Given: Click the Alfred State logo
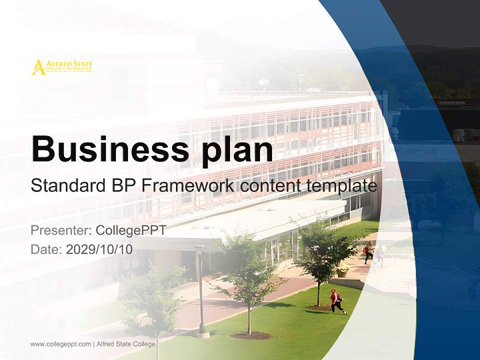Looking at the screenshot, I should (61, 67).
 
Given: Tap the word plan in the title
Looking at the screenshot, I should (235, 150).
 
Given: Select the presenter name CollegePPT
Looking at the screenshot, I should (130, 230).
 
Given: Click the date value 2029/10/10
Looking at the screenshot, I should (99, 249).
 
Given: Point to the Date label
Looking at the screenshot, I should (46, 249).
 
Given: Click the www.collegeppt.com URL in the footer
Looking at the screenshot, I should (60, 344).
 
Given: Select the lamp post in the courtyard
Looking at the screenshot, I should (201, 290).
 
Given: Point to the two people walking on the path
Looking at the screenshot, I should (373, 253).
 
